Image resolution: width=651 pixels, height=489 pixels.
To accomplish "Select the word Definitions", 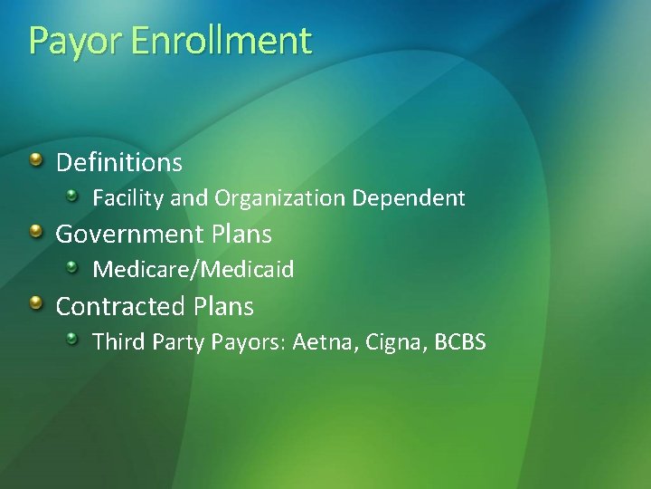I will click(119, 163).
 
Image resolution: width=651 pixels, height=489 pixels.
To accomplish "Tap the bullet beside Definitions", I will click(35, 160).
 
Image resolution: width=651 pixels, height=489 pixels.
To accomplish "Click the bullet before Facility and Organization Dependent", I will click(73, 195).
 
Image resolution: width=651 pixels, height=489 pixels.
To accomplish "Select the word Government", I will click(130, 235).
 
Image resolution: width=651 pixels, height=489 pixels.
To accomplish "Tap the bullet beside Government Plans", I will click(35, 232).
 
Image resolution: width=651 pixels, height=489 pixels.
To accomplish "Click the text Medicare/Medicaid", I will click(193, 269).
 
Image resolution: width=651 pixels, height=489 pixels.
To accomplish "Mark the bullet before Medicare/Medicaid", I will click(73, 266).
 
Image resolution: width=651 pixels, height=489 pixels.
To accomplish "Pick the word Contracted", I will click(122, 307).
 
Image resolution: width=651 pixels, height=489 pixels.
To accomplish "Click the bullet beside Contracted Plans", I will click(35, 304).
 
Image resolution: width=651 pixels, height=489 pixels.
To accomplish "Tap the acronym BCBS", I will click(460, 341).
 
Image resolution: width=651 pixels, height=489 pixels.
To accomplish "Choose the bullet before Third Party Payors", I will click(73, 339).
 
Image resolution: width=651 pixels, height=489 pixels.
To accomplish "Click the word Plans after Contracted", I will click(224, 307).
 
